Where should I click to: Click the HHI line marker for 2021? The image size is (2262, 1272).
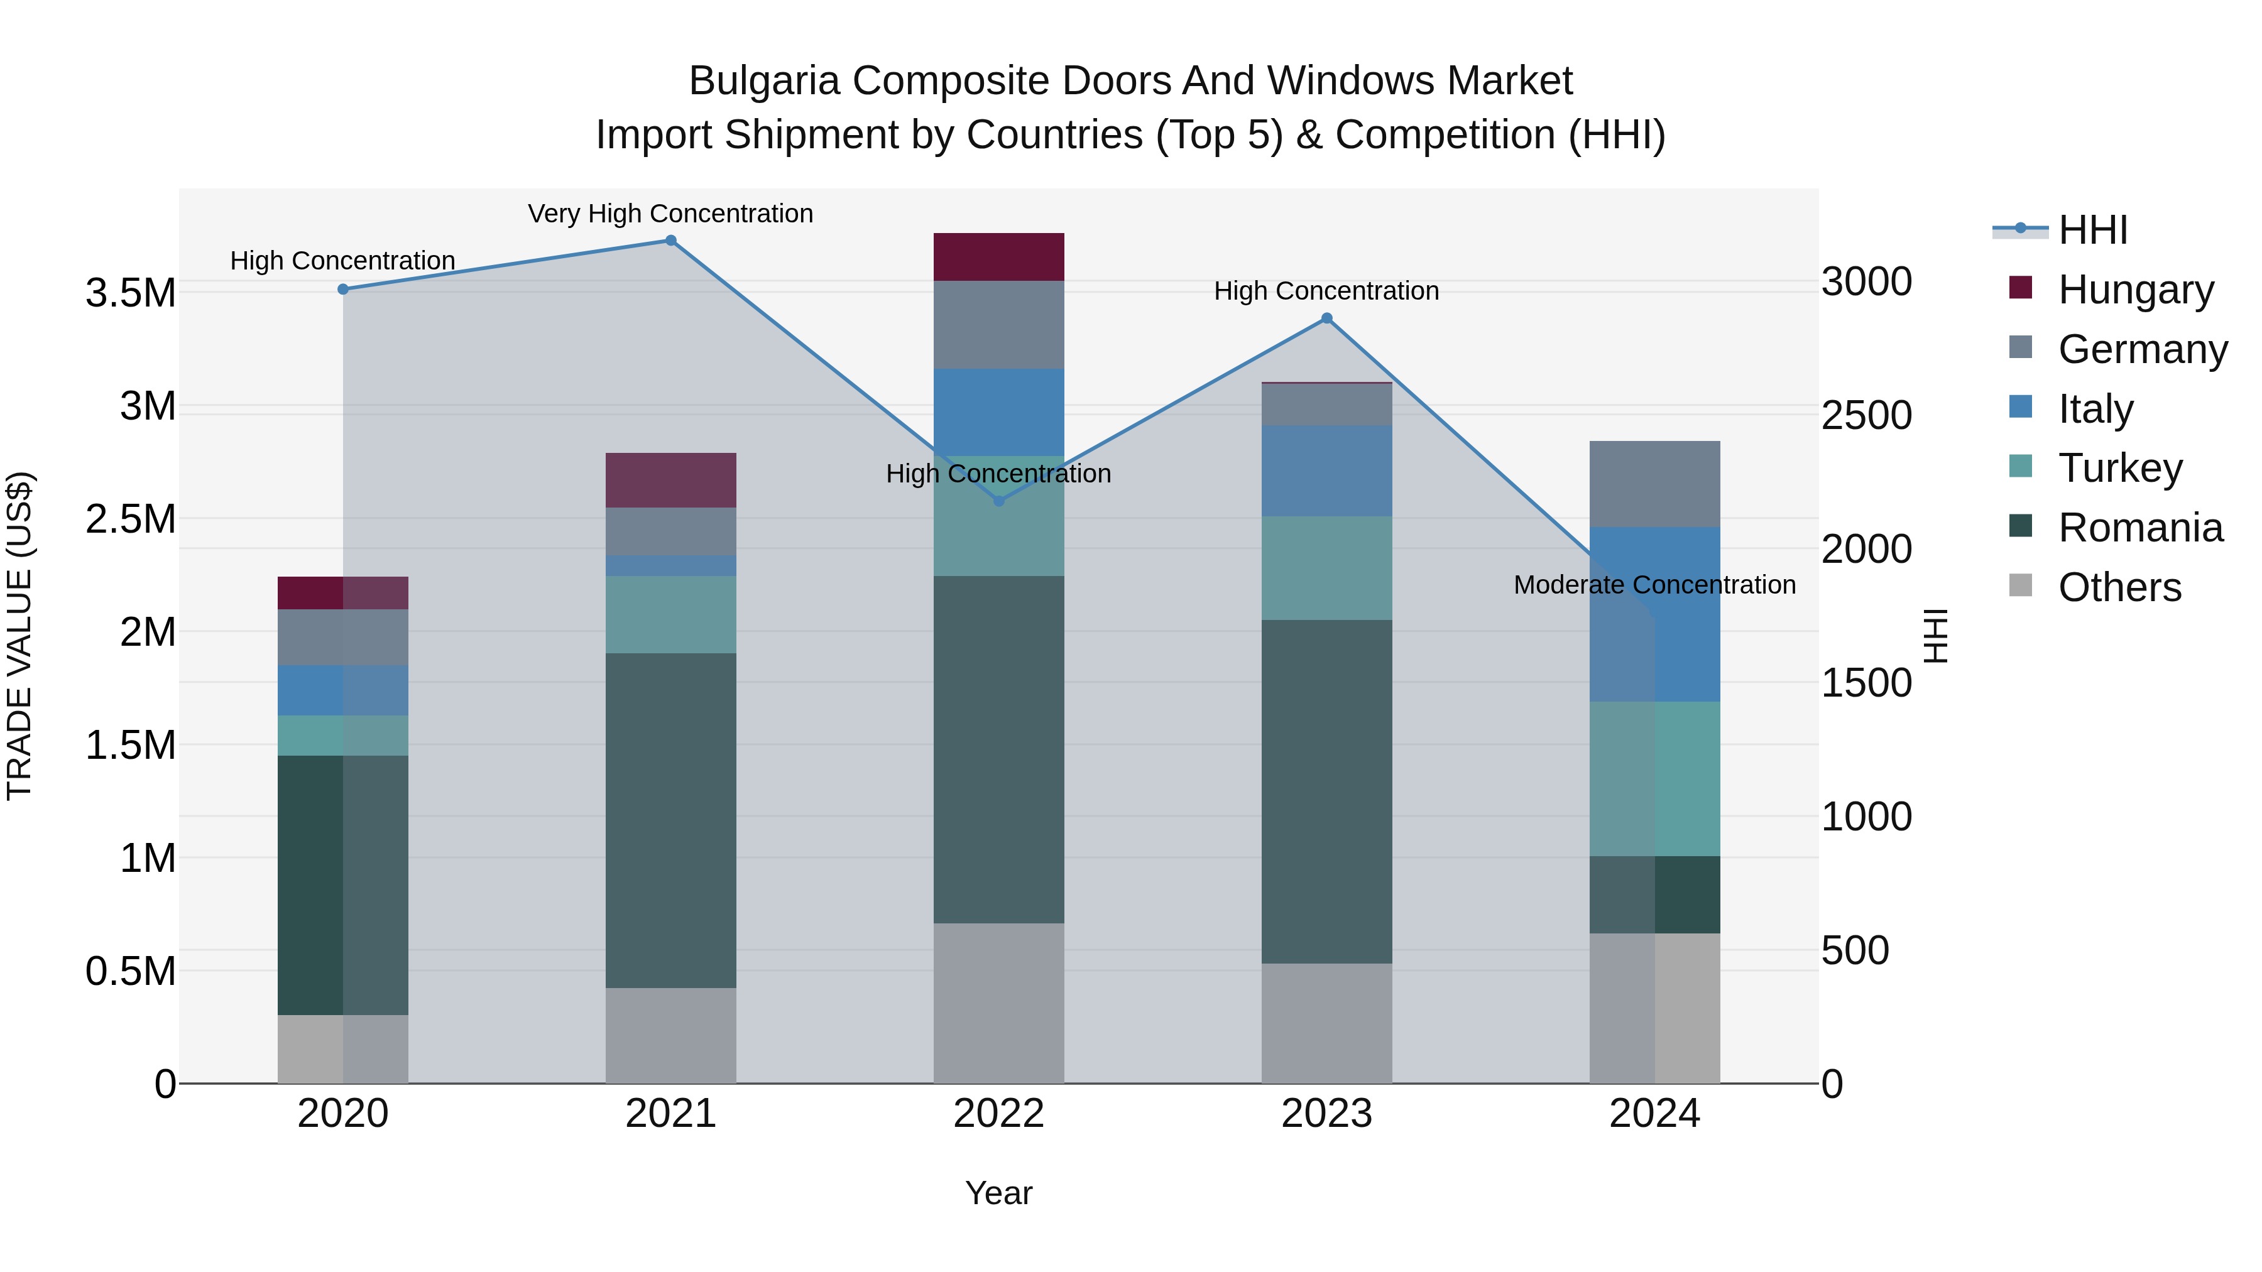click(x=671, y=241)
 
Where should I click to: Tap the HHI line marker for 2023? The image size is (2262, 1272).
click(x=1327, y=318)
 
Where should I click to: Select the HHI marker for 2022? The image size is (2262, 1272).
click(x=998, y=501)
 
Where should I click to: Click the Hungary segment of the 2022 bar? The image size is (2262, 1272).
click(x=998, y=257)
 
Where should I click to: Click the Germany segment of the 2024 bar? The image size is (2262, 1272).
click(x=1654, y=484)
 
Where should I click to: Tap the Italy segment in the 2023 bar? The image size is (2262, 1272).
click(x=1327, y=470)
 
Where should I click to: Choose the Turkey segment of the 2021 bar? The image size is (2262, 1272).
click(x=671, y=614)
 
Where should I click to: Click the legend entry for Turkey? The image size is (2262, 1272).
click(x=2120, y=468)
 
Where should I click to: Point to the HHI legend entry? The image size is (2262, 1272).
click(x=2092, y=230)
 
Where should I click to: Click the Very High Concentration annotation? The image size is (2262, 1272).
click(x=671, y=214)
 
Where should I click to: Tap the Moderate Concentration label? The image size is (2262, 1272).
click(x=1654, y=585)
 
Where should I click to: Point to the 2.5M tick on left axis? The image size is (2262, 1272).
click(x=131, y=519)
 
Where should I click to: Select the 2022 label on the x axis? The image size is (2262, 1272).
click(x=998, y=1114)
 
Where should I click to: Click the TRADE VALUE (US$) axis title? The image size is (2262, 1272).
click(x=19, y=636)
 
